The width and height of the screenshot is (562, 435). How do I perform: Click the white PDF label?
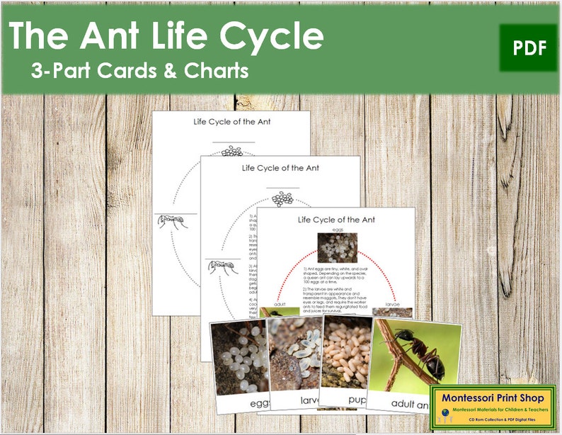(527, 48)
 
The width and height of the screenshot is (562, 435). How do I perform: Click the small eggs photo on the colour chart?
(332, 249)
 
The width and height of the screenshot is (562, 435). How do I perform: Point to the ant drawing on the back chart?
(172, 221)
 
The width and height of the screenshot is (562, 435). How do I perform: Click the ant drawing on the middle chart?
(221, 266)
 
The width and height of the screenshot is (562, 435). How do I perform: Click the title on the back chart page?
(231, 121)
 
